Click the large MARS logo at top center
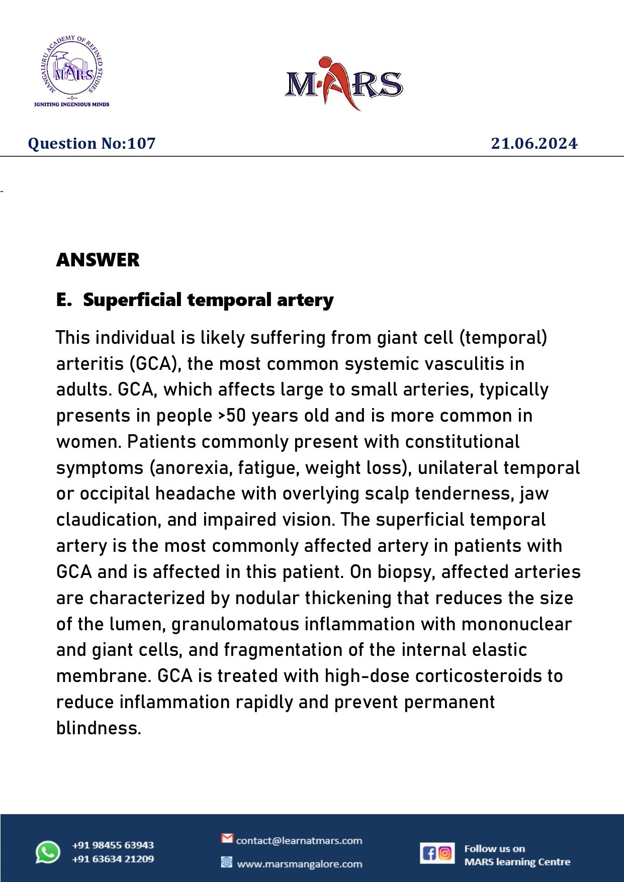tap(344, 83)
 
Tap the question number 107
tap(141, 144)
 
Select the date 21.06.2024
tap(534, 144)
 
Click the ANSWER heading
tap(98, 260)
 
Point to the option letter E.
tap(63, 300)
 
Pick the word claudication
tap(108, 520)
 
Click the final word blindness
tap(99, 728)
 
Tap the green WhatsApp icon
tap(48, 852)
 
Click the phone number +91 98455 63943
tap(113, 845)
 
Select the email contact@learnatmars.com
tap(299, 841)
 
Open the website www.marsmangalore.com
tap(299, 864)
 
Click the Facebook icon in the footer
tap(429, 853)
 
